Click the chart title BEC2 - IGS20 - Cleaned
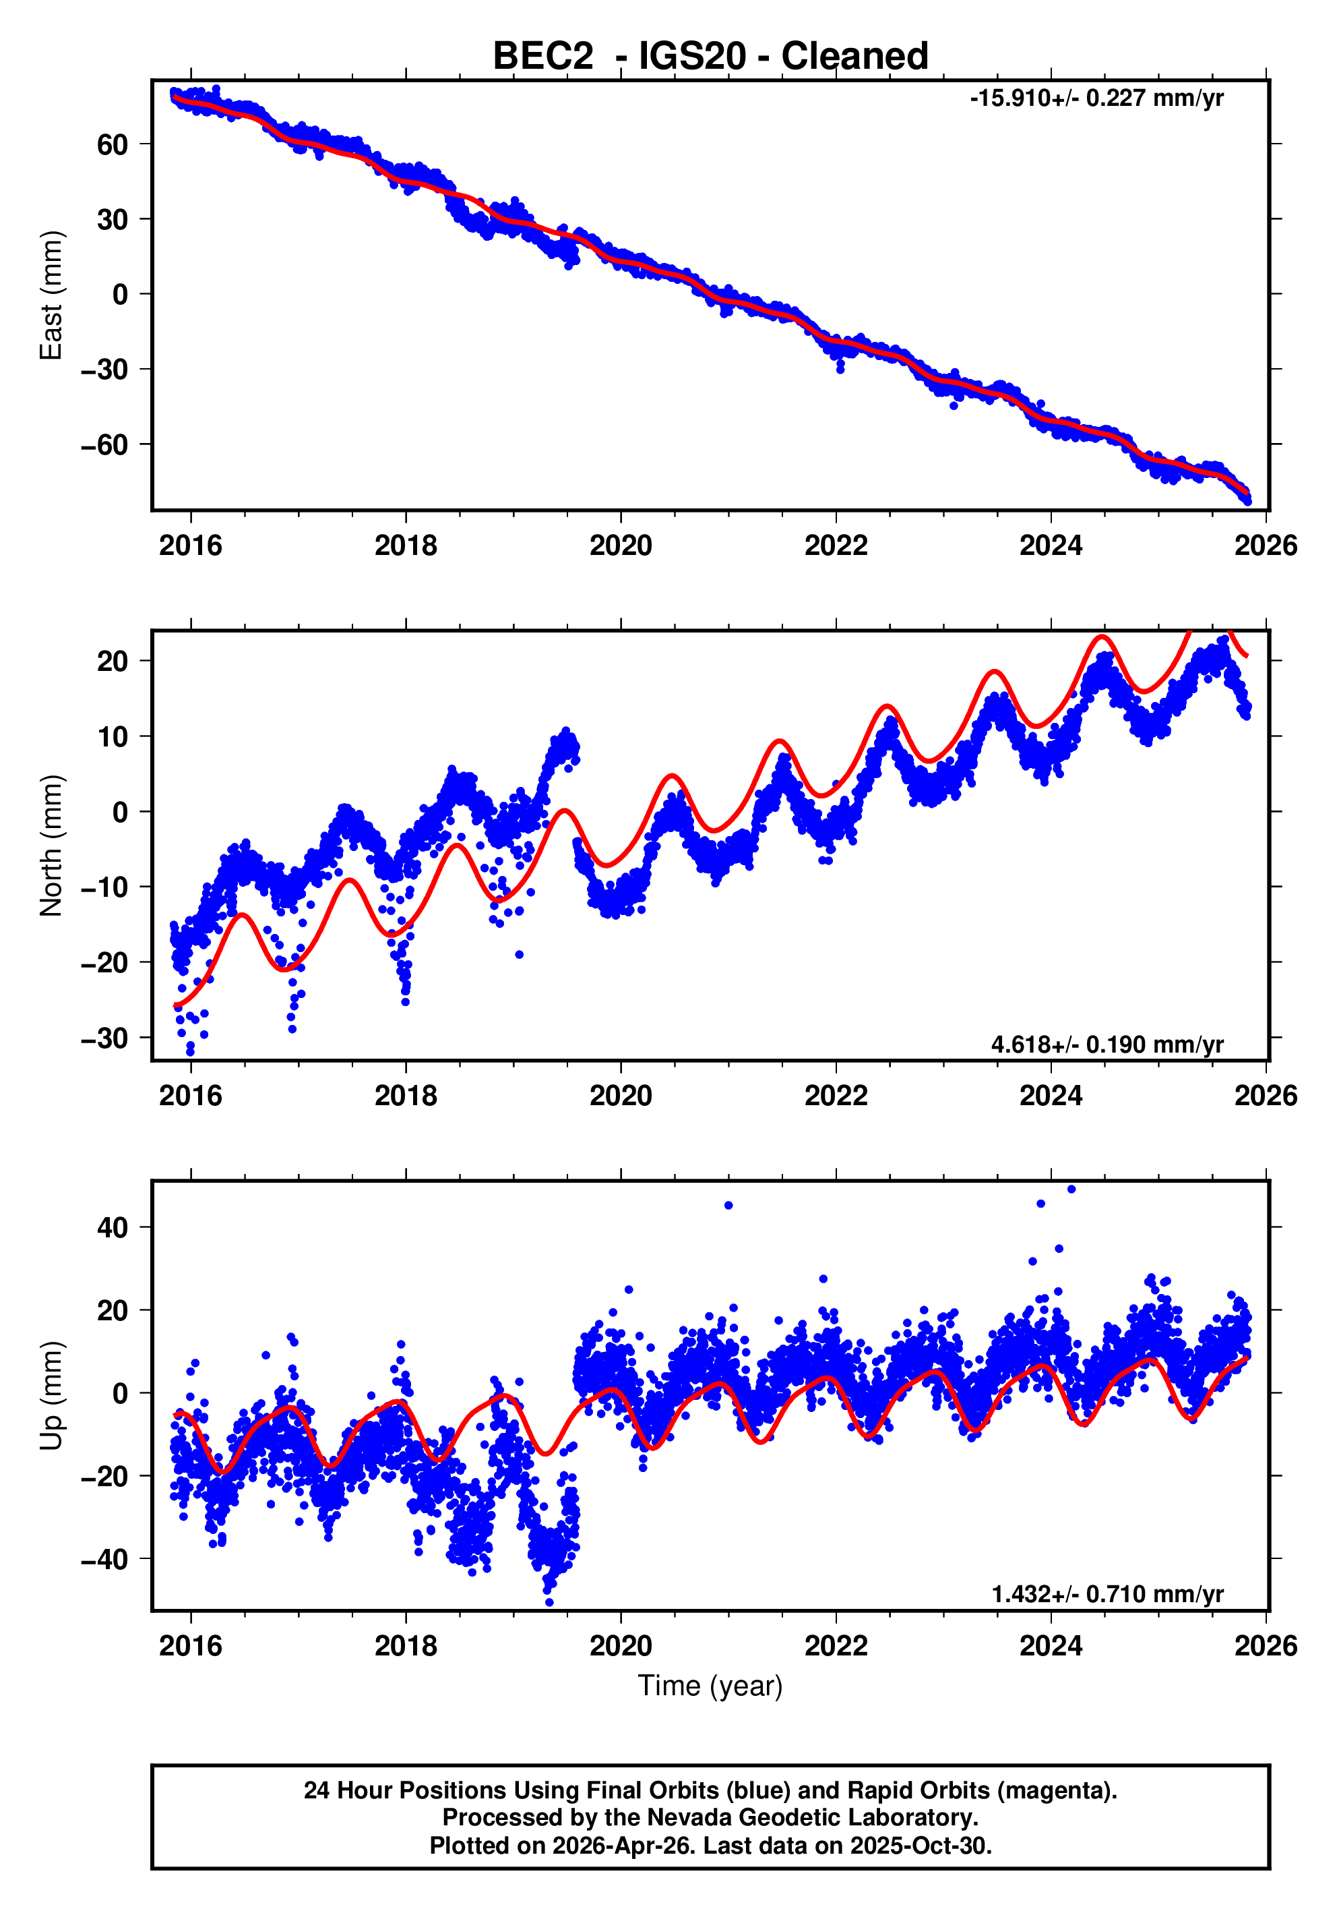click(710, 57)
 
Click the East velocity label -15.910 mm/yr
click(1096, 98)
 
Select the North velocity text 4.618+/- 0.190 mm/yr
click(1107, 1044)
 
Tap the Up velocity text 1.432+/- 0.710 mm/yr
click(1107, 1594)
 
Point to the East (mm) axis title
click(52, 295)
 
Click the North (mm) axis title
click(52, 845)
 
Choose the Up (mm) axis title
click(52, 1396)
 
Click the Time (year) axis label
click(710, 1684)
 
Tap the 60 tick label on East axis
click(113, 145)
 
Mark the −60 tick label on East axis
click(104, 444)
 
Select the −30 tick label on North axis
click(104, 1038)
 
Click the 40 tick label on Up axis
click(113, 1227)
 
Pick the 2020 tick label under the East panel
click(621, 546)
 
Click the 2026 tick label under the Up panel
click(1265, 1646)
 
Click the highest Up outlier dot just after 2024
click(1071, 1189)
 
